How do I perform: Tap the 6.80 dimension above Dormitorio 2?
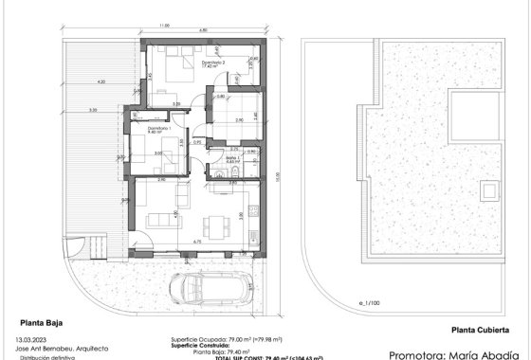point(203,31)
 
